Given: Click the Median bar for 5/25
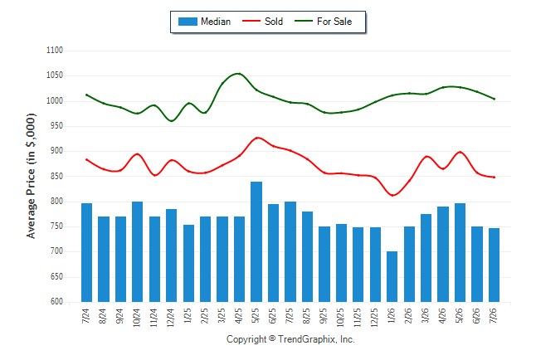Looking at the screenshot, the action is pos(256,241).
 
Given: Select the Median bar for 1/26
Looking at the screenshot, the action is pos(392,276).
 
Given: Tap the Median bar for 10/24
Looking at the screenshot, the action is pos(138,251).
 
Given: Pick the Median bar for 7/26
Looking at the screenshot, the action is pos(494,265).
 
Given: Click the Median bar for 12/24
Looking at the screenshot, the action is pos(171,255).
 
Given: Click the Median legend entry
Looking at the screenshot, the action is pos(204,22).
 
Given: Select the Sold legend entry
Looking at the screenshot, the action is pos(262,22).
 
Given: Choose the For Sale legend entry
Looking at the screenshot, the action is pos(324,22).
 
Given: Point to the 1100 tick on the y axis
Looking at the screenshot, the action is pos(55,51).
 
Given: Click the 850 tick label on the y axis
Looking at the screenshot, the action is pos(55,177).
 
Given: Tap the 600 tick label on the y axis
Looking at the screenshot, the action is pos(56,302).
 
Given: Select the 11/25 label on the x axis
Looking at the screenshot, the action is pos(358,317).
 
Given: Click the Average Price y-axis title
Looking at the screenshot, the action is pos(31,176).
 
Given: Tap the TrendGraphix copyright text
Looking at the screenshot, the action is pos(290,339).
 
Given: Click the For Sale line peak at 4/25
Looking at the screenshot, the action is pos(238,74).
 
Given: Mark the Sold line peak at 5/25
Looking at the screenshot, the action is pos(257,138).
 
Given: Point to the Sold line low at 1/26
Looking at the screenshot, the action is pos(392,195).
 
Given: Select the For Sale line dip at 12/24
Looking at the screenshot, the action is pos(171,120).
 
